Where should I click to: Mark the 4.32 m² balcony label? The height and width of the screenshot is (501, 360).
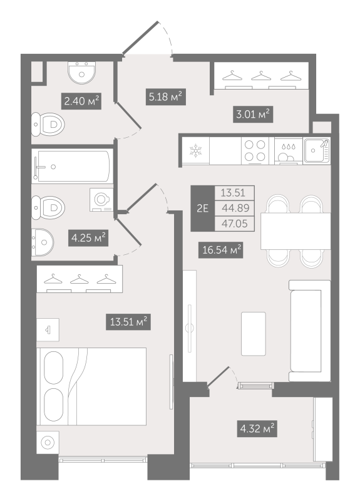pos(256,429)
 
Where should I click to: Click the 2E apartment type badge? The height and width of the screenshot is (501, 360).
pos(202,210)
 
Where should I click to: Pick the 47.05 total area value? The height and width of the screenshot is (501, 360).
pos(228,224)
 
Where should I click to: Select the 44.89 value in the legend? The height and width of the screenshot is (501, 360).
pos(228,209)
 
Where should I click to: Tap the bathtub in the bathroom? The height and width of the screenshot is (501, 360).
pos(73,167)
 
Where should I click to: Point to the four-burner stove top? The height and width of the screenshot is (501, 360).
pos(253,150)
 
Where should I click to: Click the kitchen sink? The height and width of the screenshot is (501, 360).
pos(317,150)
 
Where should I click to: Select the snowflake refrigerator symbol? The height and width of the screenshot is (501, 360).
pos(195,150)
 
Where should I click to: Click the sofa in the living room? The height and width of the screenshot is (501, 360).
pos(308,330)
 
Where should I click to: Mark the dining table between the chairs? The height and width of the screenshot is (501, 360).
pos(286,230)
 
